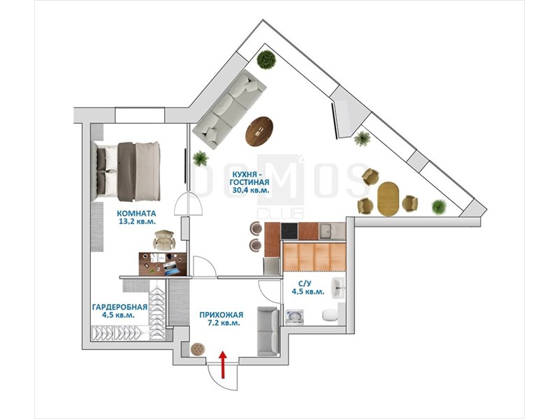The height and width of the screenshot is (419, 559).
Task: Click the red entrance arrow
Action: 223,365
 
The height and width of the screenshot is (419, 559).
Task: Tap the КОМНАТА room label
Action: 136,214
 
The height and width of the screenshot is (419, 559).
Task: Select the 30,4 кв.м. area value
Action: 251,190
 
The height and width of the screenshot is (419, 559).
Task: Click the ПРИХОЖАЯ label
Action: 222,315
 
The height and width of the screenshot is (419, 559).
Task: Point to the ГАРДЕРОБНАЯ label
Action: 119,307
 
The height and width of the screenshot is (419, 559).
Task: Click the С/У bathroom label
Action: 305,284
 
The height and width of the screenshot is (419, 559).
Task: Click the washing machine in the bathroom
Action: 294,317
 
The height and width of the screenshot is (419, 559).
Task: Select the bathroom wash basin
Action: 338,288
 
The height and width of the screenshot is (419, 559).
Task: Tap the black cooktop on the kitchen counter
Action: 289,231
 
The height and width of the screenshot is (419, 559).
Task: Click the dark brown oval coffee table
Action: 259,131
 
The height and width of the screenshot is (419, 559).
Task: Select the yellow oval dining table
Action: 389,199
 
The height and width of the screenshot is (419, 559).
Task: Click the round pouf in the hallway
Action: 197,348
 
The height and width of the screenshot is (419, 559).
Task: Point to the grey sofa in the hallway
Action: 268,331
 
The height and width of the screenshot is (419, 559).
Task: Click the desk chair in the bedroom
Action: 164,240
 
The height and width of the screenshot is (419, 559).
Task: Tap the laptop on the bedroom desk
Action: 172,268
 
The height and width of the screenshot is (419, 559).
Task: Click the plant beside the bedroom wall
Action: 201,159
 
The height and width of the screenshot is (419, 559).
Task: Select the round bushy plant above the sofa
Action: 267,59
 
